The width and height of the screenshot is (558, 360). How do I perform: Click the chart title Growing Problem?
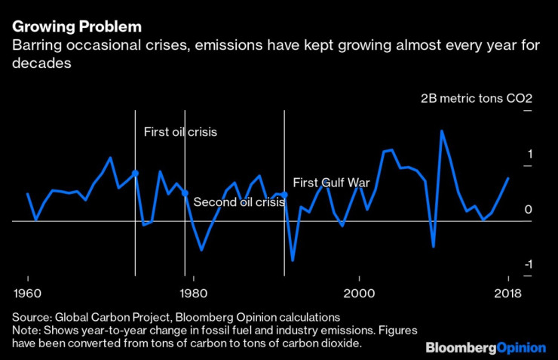coord(76,26)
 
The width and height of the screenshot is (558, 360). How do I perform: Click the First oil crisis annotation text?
coord(180,132)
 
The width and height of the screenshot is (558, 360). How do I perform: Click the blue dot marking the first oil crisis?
coord(135,174)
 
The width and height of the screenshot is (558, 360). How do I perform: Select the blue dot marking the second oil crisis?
coord(185,194)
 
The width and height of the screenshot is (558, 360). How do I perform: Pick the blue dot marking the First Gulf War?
coord(284,195)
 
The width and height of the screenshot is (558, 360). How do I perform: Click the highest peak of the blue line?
coord(442,131)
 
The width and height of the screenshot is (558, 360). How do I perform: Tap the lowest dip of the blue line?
coord(293,260)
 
